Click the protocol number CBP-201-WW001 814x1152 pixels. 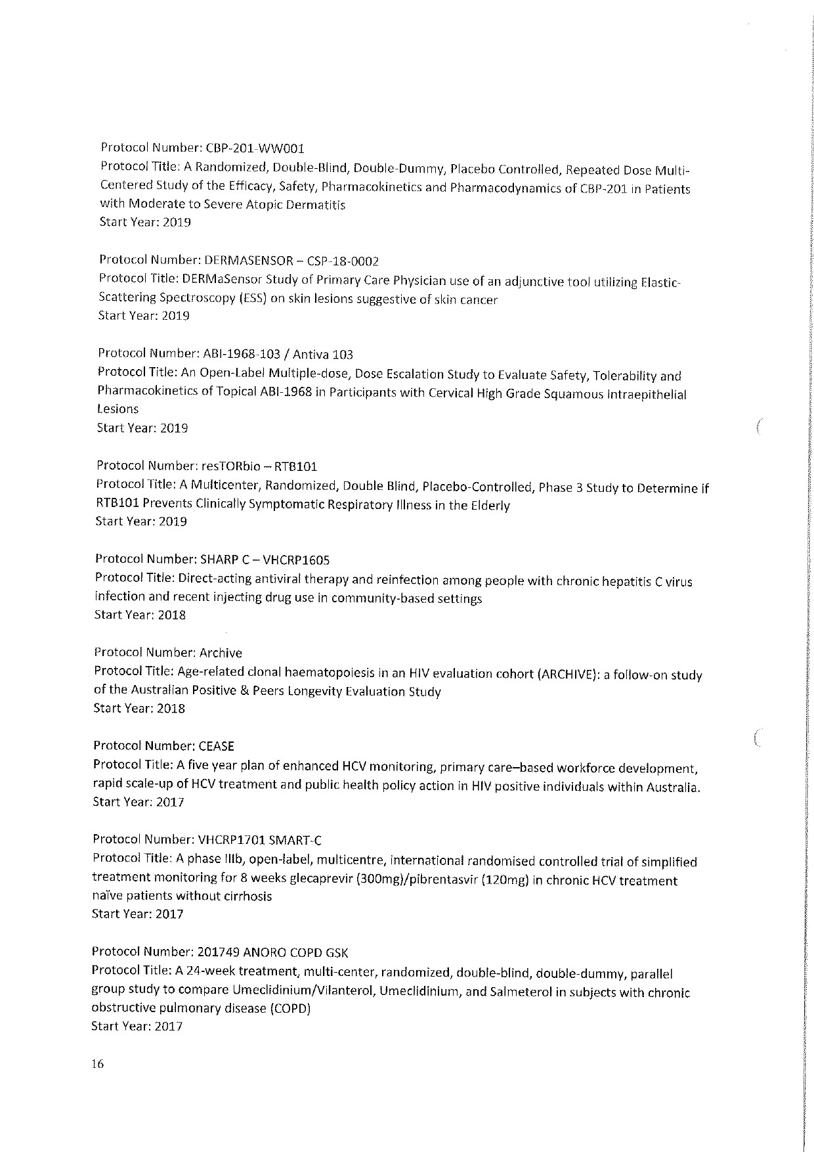coord(250,148)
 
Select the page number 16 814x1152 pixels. coord(98,1065)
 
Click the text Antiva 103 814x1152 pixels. coord(322,355)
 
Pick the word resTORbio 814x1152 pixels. coord(224,466)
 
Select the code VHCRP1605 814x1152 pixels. coord(296,560)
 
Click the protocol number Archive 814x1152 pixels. coord(220,653)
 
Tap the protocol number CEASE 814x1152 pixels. coord(216,746)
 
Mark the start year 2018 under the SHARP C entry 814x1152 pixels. coord(171,615)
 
